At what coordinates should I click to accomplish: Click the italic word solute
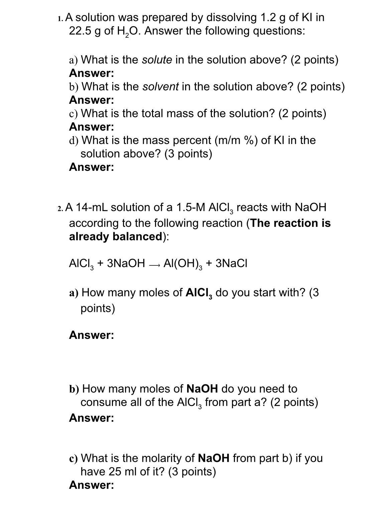pyautogui.click(x=157, y=60)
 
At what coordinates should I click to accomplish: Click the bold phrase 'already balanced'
pyautogui.click(x=116, y=237)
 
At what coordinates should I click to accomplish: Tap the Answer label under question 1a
pyautogui.click(x=92, y=73)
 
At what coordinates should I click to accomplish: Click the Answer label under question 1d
pyautogui.click(x=92, y=167)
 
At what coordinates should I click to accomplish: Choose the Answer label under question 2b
pyautogui.click(x=92, y=418)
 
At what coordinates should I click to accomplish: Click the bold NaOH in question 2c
pyautogui.click(x=214, y=458)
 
